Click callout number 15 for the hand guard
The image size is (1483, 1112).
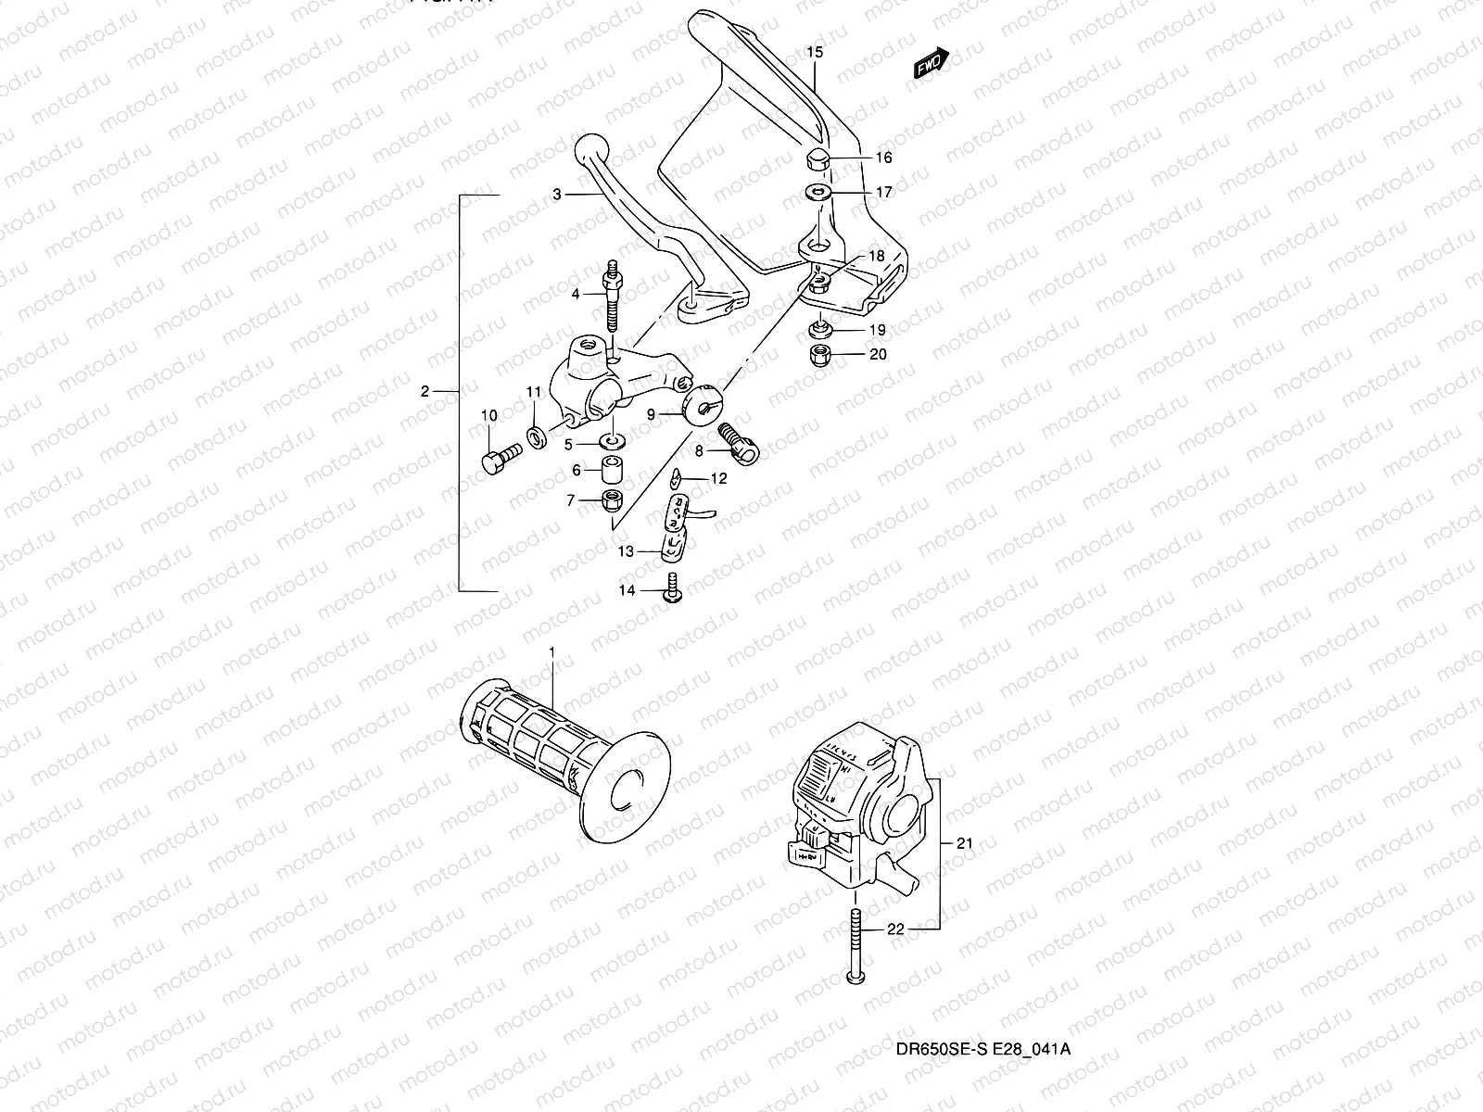point(814,53)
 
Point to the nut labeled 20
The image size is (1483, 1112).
point(819,354)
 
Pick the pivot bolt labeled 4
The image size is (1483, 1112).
point(614,297)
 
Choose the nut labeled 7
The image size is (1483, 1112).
point(612,501)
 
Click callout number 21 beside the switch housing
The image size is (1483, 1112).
point(965,843)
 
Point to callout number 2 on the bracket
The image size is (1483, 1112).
point(425,392)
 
